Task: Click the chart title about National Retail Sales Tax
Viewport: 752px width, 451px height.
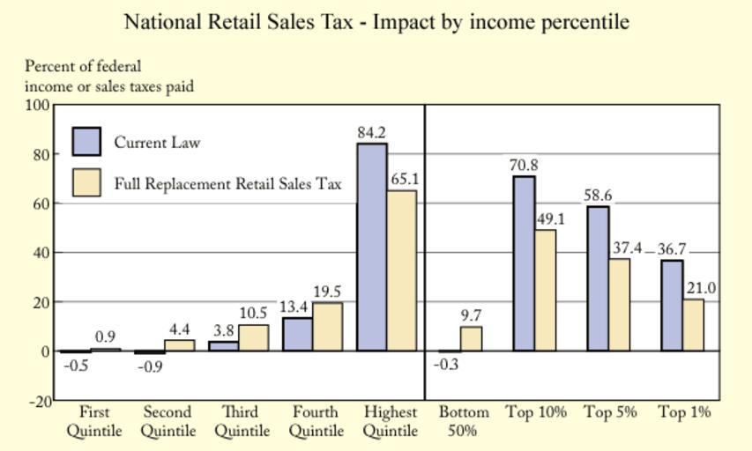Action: click(376, 21)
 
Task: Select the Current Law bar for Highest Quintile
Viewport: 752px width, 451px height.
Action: click(372, 247)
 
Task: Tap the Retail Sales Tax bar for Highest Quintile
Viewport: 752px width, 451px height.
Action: click(402, 270)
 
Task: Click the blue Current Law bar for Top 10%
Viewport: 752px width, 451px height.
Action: click(525, 263)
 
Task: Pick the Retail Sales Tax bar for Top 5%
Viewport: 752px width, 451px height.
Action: click(620, 304)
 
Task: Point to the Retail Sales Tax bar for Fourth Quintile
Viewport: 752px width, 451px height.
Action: click(328, 327)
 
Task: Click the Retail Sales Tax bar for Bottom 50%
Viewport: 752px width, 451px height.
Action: click(472, 339)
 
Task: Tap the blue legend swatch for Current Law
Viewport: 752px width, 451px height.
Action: click(86, 142)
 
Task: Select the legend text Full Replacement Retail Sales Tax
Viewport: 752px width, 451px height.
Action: click(227, 184)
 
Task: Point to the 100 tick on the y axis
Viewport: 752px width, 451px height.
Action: click(38, 105)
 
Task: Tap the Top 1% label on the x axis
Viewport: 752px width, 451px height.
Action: click(684, 412)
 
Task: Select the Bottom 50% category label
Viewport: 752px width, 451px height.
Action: click(464, 421)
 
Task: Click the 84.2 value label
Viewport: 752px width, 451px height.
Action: click(372, 133)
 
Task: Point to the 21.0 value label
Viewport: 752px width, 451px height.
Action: click(702, 288)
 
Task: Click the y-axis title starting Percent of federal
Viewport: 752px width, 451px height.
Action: click(109, 76)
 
